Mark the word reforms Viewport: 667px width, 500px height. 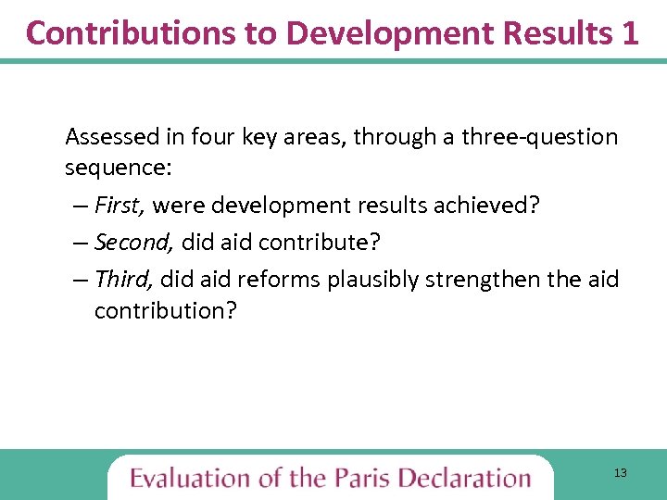279,279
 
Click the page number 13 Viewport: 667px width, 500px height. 620,474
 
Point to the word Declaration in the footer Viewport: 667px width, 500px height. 466,478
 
